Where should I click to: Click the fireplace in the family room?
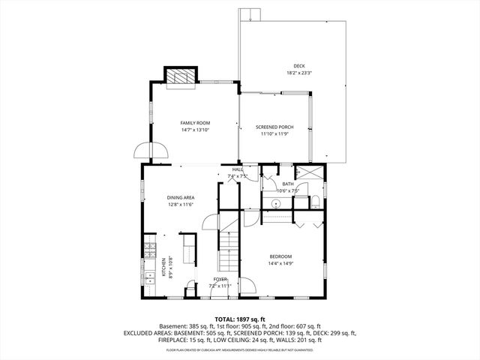coord(181,76)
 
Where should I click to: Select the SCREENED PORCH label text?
coord(274,127)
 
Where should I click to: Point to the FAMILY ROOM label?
coord(195,123)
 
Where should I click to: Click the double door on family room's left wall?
coord(142,151)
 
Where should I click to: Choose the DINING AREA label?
coord(181,197)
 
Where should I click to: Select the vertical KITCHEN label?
coord(164,268)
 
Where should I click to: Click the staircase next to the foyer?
coord(227,251)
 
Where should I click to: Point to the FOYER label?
coord(220,279)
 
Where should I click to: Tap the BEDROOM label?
coord(280,256)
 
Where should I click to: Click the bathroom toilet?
coord(315,201)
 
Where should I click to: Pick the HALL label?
coord(237,169)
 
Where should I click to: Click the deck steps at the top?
coord(249,15)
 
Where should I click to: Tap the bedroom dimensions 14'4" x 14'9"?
coord(280,263)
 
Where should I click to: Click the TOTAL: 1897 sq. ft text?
coord(239,319)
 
